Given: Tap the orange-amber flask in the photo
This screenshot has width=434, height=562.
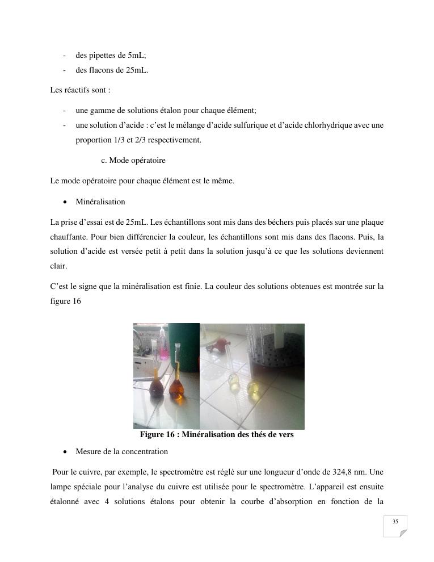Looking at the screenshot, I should [x=177, y=388].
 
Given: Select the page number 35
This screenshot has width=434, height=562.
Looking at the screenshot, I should [x=395, y=521].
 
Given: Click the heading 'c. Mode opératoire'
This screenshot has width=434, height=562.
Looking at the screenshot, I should [x=133, y=161].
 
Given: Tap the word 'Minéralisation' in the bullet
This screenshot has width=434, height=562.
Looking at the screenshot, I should [x=100, y=202].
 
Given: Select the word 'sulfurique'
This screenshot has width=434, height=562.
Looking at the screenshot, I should [x=252, y=125].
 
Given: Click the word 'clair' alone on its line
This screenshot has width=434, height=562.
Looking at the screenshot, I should [x=58, y=266].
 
